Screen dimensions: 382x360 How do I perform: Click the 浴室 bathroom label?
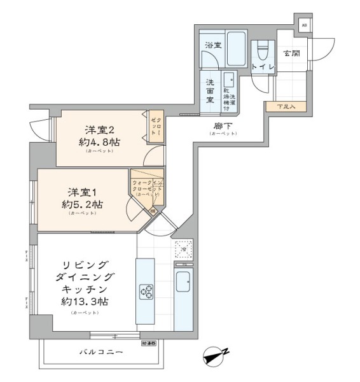[213, 45]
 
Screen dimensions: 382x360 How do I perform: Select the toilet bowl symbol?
[262, 50]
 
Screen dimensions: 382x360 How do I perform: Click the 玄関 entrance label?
[292, 53]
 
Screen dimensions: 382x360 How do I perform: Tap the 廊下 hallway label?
[221, 126]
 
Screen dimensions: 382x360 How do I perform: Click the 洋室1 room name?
[75, 190]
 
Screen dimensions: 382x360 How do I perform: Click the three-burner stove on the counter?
[146, 291]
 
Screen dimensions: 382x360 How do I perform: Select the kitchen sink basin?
[183, 281]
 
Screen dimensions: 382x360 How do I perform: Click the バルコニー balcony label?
[101, 351]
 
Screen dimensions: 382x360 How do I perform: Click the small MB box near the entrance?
[304, 25]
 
